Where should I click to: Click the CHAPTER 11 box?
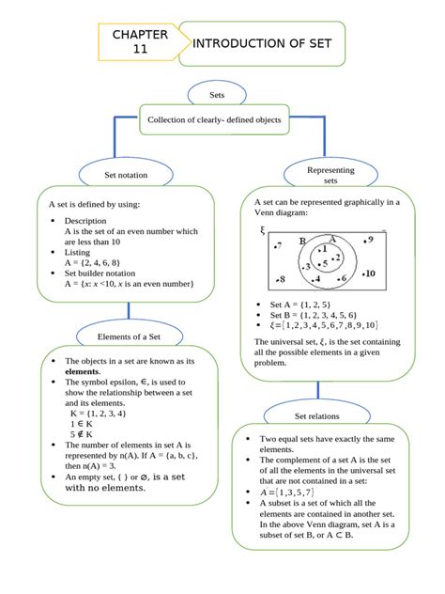139,43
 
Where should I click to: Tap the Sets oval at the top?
217,95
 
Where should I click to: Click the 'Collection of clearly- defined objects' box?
213,120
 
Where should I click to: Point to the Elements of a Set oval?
129,336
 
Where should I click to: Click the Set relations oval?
316,415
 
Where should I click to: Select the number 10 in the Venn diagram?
369,274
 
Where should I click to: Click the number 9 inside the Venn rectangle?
370,241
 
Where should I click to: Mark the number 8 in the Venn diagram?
280,280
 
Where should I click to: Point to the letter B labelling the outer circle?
302,242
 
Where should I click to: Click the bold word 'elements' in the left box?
82,372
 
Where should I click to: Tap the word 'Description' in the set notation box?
88,220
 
